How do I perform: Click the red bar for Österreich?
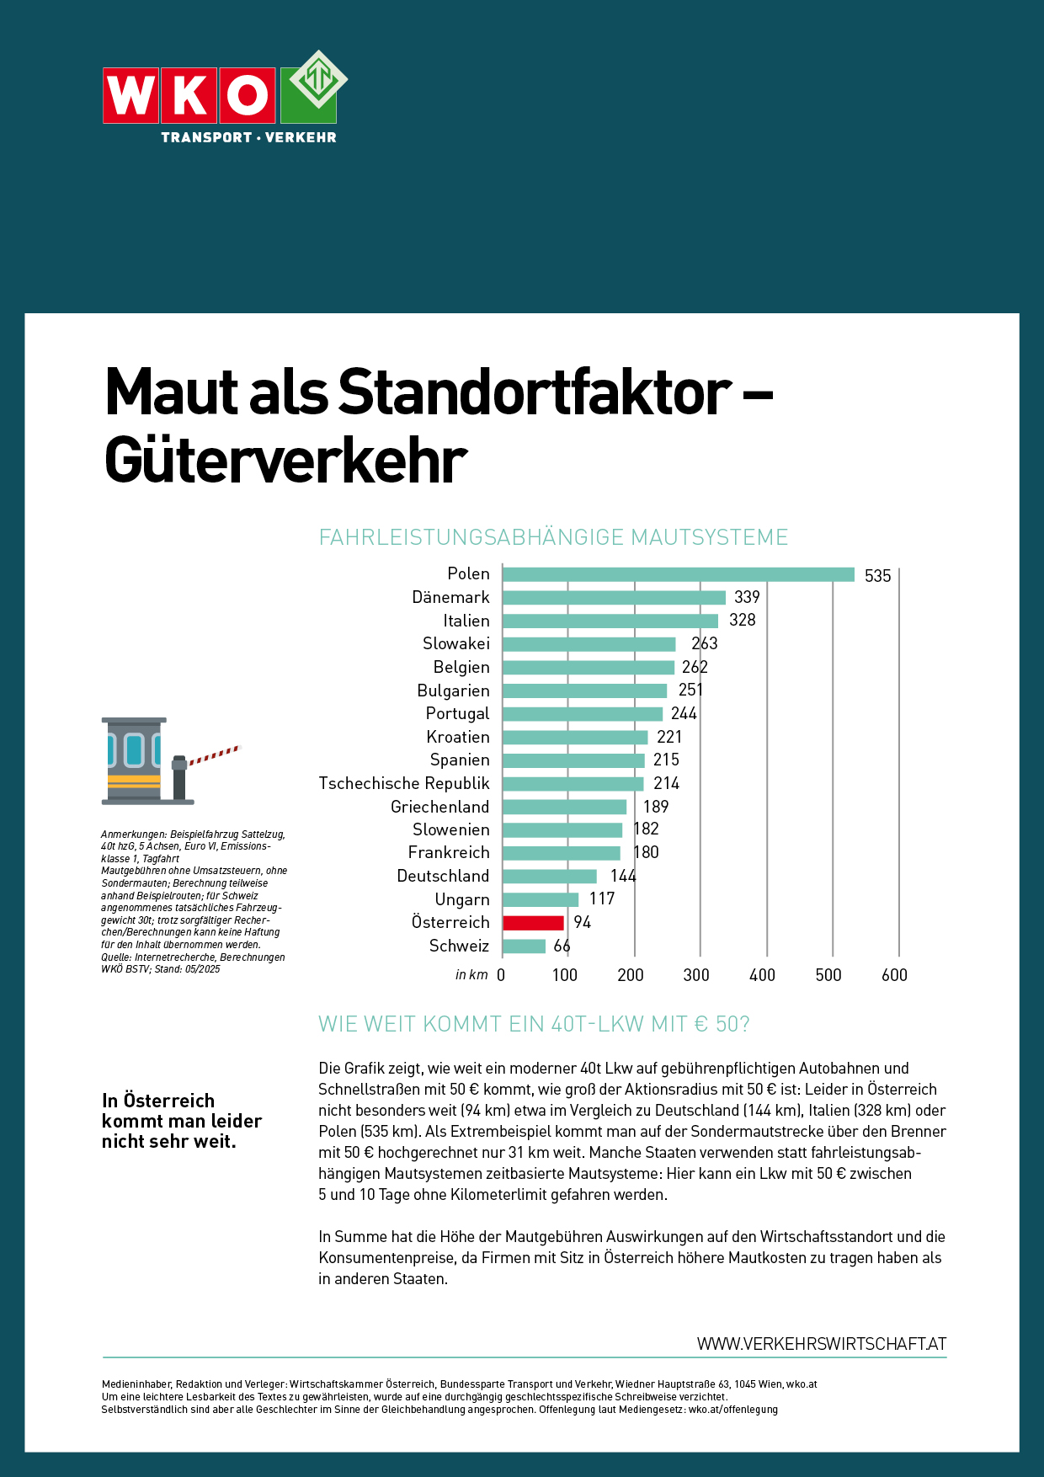(x=533, y=923)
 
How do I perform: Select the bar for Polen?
(x=678, y=574)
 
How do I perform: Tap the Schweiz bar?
(x=524, y=946)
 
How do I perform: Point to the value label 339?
(x=747, y=597)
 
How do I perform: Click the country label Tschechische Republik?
(x=404, y=783)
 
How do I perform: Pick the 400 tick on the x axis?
(x=762, y=975)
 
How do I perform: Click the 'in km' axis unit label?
(x=471, y=975)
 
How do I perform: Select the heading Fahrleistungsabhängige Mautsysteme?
(x=553, y=537)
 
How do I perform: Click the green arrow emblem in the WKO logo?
(x=318, y=79)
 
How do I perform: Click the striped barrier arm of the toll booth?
(x=215, y=754)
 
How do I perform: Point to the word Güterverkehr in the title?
(x=285, y=461)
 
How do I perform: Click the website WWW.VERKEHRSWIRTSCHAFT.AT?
(x=821, y=1344)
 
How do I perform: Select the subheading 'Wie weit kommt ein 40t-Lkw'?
(x=533, y=1024)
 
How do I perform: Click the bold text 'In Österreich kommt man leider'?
(x=181, y=1111)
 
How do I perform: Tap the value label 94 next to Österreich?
(x=583, y=923)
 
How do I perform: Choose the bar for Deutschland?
(x=550, y=877)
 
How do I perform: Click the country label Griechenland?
(x=439, y=807)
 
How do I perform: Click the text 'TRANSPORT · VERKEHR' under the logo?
(x=248, y=137)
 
